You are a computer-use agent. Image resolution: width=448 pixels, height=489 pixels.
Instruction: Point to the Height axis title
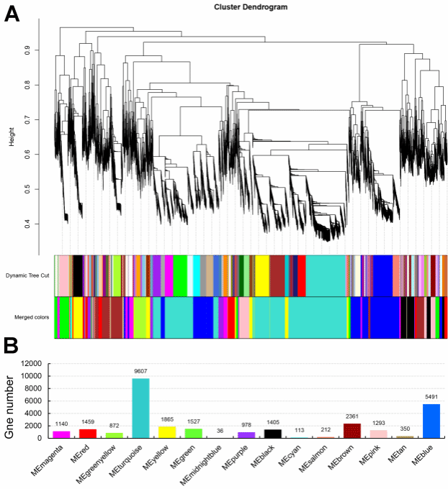pos(12,137)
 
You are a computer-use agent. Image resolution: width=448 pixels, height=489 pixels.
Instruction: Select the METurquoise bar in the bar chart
pos(140,408)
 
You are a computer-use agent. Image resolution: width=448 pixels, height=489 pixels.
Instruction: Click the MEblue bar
pos(429,421)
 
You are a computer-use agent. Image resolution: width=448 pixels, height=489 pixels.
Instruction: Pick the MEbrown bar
pos(352,430)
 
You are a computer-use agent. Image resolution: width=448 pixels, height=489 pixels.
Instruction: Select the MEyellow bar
pos(166,431)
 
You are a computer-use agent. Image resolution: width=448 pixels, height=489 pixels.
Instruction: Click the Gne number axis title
pos(12,403)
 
